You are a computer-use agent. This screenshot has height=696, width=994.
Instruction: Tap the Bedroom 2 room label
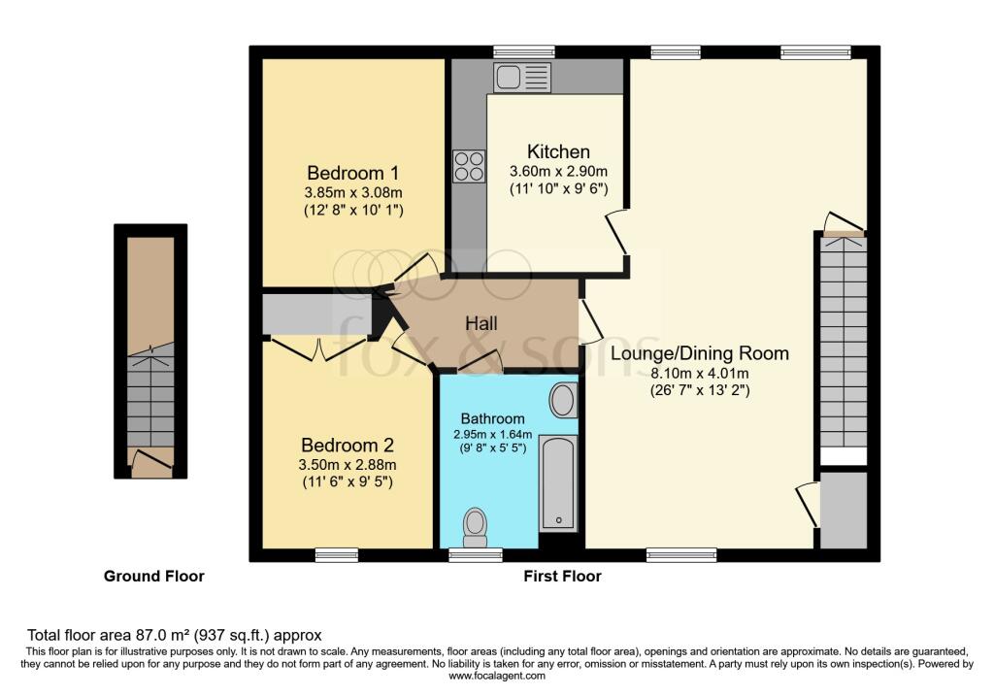[348, 446]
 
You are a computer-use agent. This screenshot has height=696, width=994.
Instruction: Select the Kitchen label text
[558, 151]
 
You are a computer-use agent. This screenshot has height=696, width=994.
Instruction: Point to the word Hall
[480, 323]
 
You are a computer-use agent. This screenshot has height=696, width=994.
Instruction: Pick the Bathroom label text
[492, 419]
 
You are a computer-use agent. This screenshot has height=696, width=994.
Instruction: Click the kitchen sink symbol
[521, 77]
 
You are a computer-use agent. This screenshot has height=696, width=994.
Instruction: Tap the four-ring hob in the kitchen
[469, 166]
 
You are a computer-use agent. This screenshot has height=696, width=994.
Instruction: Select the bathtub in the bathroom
[557, 482]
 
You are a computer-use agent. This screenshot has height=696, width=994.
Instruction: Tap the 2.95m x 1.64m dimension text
[492, 434]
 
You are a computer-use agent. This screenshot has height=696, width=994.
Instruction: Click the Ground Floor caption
[154, 577]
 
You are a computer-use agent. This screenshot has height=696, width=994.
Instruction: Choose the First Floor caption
[562, 577]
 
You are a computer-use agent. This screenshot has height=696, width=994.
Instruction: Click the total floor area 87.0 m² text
[174, 634]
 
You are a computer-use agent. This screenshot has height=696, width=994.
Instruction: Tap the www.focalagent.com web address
[496, 676]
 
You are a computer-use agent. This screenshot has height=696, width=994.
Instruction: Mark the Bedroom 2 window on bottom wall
[337, 554]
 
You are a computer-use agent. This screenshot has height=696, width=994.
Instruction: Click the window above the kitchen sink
[523, 51]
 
